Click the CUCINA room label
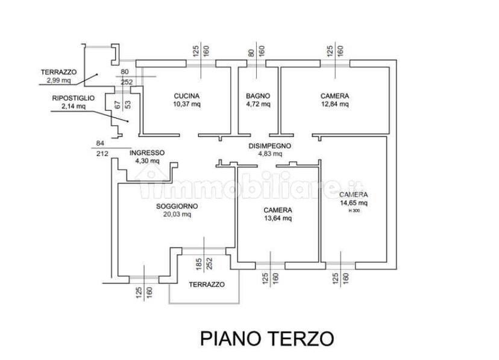coord(186,96)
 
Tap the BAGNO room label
coord(258,96)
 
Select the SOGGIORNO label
coord(177,206)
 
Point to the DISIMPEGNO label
coord(269,146)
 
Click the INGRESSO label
coord(147,153)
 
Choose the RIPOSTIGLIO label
coord(73,98)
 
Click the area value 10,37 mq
coord(187,104)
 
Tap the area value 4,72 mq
coord(258,104)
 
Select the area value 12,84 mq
coord(335,104)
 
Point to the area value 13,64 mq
coord(278,218)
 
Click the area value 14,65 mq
coord(354,203)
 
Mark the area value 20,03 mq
coord(177,214)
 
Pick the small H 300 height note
coord(354,210)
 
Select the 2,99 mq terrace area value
coord(58,80)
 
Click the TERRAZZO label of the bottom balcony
coord(207,284)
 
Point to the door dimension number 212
coord(102,154)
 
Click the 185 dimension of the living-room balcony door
coord(199,264)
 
